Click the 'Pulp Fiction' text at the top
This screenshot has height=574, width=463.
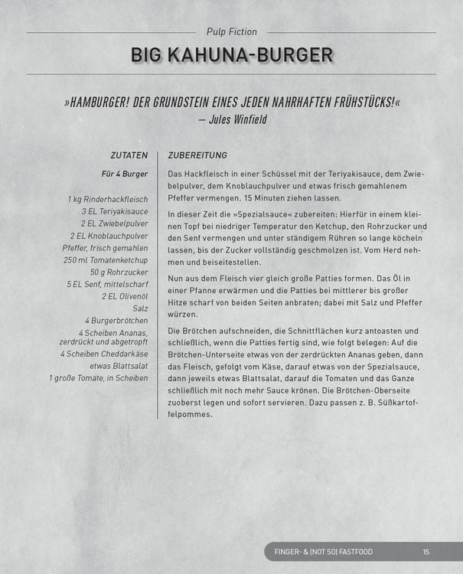tap(231, 32)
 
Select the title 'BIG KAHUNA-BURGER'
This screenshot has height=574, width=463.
tap(231, 55)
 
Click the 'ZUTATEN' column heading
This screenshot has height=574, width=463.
tap(129, 155)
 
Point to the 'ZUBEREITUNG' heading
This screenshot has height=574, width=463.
tap(197, 155)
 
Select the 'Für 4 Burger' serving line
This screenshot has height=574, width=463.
tap(125, 174)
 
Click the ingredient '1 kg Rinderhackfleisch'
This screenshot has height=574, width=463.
tap(108, 200)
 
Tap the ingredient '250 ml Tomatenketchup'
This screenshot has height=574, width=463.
tap(106, 259)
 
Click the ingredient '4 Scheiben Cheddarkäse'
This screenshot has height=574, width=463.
tap(104, 354)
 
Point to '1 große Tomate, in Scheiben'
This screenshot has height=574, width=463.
tap(99, 378)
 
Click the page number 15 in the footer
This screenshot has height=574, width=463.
tap(426, 552)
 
